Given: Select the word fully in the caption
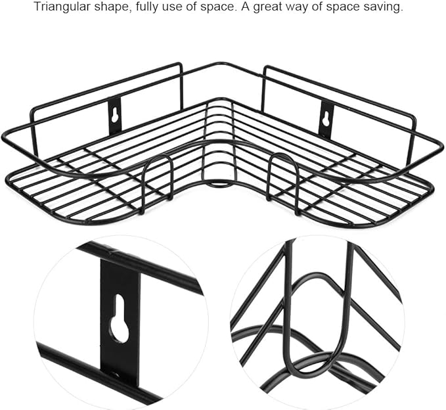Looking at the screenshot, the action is tap(147, 7).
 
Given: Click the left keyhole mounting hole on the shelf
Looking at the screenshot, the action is tap(115, 115).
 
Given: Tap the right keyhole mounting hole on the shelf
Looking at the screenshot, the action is tap(327, 117).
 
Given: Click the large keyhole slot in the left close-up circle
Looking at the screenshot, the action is tap(120, 319).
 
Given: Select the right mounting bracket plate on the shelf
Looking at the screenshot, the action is tap(327, 120).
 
